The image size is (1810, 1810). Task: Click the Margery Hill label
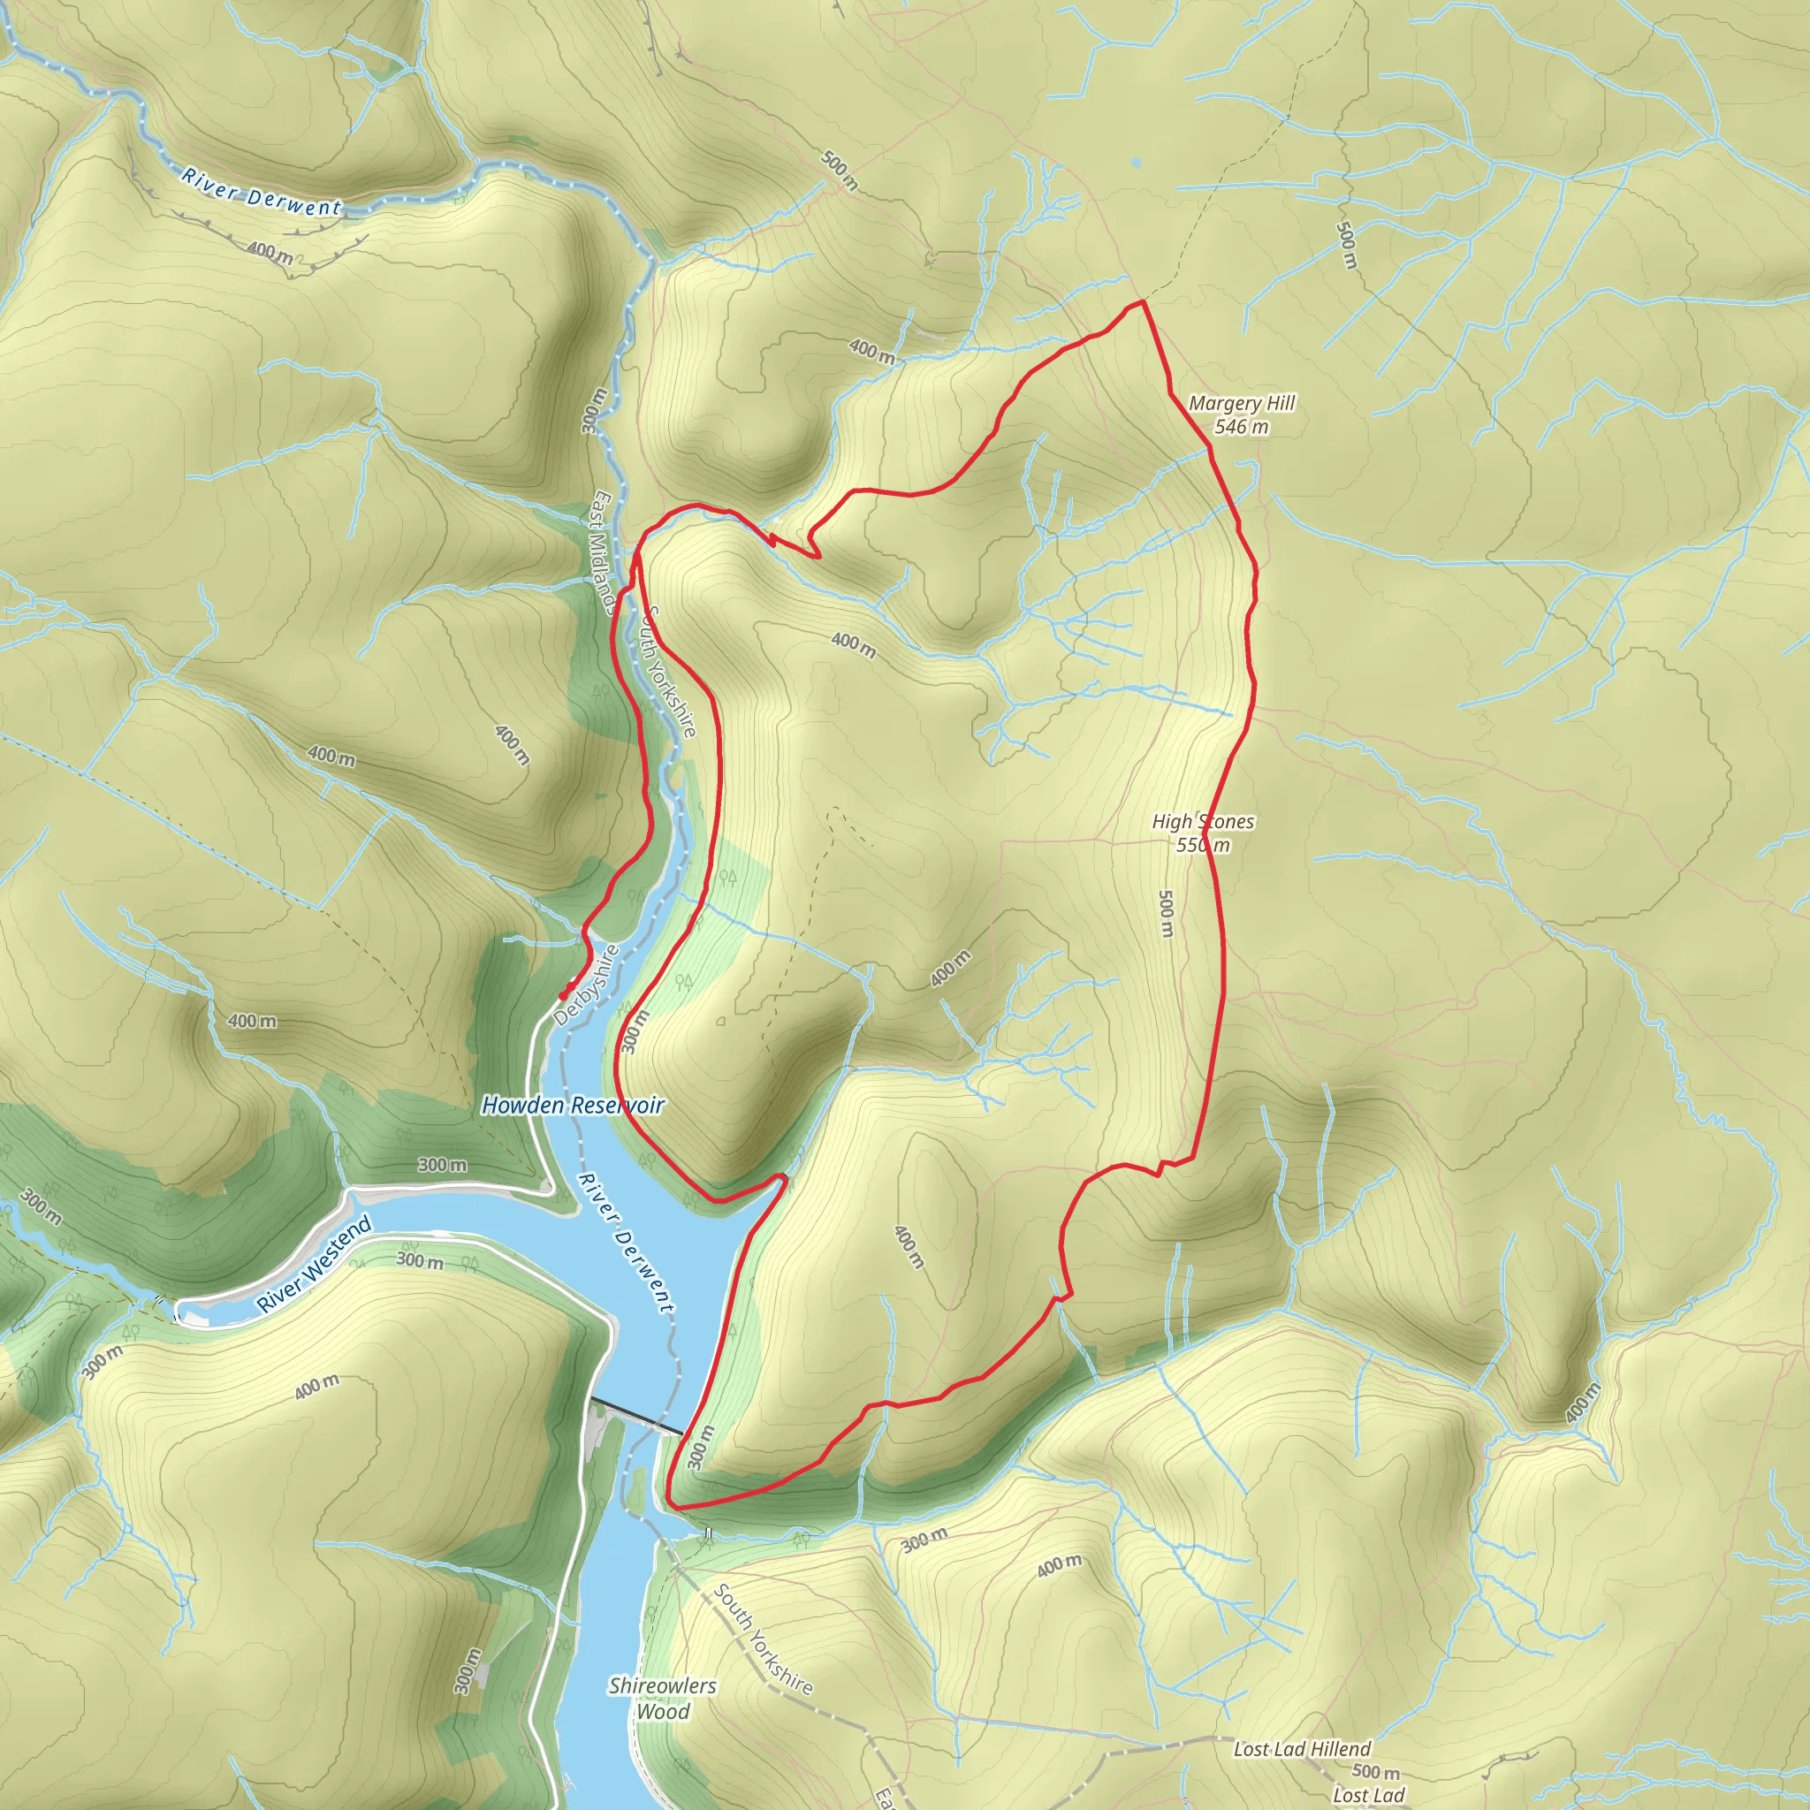coord(1242,403)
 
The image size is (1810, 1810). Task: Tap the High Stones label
coord(1203,822)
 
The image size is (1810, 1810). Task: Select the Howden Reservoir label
coord(573,1106)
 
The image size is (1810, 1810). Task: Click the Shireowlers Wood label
coord(662,1698)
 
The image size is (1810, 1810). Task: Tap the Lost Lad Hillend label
coord(1301,1748)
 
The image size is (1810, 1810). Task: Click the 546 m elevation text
coord(1242,427)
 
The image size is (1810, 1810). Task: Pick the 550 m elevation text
coord(1203,845)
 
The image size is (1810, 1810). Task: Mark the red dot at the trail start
coord(562,996)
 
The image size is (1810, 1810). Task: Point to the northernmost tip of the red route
coord(1142,301)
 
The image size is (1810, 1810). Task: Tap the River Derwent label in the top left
coord(262,192)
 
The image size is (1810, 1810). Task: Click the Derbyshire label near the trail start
coord(587,985)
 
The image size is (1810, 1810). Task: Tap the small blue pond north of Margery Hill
coord(1137,162)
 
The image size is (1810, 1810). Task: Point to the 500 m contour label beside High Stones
coord(1167,914)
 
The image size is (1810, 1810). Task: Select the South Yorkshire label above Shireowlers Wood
coord(763,1639)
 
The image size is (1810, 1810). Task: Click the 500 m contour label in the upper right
coord(1346,246)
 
